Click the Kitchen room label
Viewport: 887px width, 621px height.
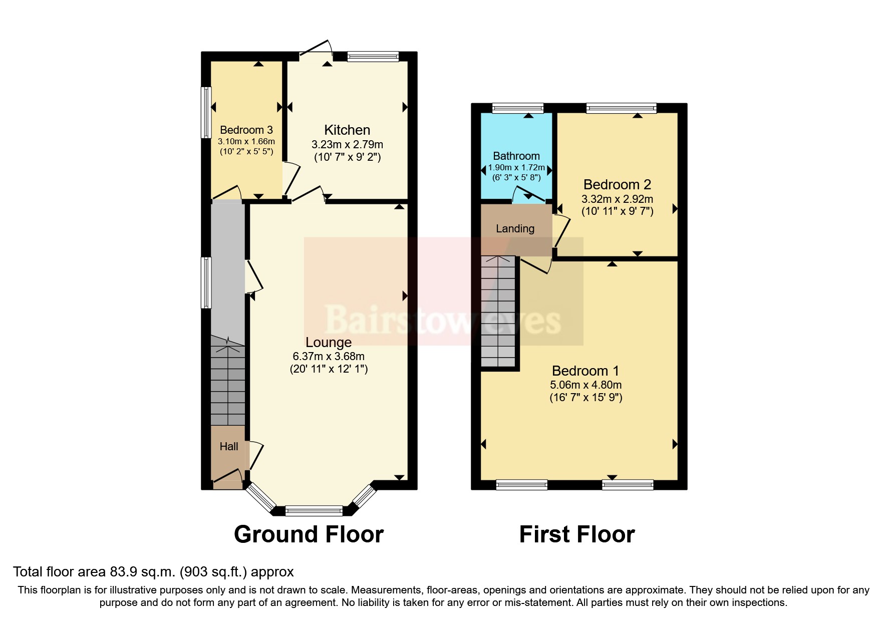click(347, 130)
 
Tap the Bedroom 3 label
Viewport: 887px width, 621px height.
click(246, 130)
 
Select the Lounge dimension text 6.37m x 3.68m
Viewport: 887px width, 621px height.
click(329, 357)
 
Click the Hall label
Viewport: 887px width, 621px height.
click(229, 446)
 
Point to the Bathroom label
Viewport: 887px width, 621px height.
click(516, 156)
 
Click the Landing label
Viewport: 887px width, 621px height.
click(515, 229)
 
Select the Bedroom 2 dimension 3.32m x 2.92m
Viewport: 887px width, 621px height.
click(617, 199)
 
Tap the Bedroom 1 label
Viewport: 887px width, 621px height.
click(585, 371)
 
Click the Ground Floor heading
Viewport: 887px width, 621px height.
click(309, 534)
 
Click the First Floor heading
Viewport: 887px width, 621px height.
click(577, 534)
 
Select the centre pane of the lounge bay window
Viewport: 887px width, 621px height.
click(314, 511)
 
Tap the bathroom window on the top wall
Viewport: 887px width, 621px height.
click(517, 108)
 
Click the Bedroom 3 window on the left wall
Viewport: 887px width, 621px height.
click(206, 112)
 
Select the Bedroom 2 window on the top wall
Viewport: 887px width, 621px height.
click(621, 108)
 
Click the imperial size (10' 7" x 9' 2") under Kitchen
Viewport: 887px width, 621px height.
click(347, 157)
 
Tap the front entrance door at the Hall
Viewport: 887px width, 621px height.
click(228, 478)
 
